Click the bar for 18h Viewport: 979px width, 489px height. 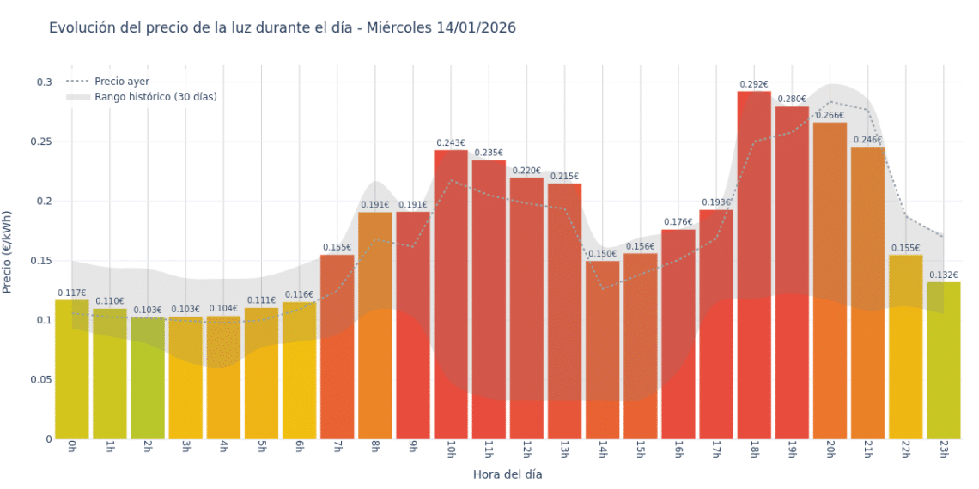754,265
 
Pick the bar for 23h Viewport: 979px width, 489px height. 943,360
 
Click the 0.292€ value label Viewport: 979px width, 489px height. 754,85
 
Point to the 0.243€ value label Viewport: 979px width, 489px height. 451,143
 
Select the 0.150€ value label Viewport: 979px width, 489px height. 603,254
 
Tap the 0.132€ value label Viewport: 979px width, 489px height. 943,275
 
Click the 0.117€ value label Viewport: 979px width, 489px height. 72,293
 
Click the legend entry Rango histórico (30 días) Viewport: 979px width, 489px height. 155,97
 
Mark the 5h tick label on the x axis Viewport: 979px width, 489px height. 261,450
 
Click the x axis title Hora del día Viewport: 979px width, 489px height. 508,474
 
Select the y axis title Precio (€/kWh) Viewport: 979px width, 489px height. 8,252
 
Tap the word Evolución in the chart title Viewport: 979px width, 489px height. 82,27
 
